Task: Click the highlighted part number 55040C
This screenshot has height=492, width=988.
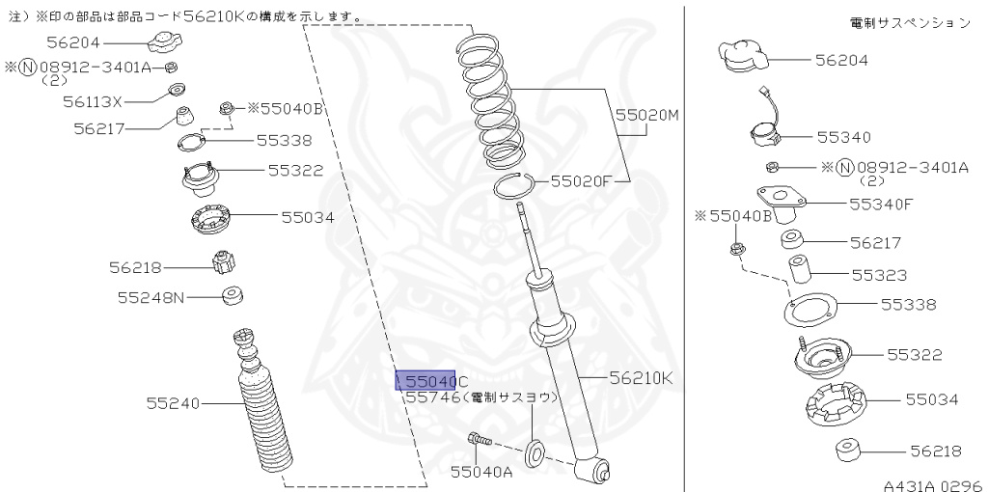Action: pos(432,381)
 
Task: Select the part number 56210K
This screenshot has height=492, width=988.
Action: pos(640,378)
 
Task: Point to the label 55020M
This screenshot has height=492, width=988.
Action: pos(647,115)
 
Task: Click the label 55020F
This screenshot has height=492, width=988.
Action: pos(584,179)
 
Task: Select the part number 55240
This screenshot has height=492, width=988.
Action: pos(173,402)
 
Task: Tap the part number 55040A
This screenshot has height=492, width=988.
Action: pos(483,471)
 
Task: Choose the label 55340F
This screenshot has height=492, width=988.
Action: pos(880,204)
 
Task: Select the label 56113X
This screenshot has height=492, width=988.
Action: pos(94,100)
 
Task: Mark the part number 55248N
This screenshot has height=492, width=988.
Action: pos(151,297)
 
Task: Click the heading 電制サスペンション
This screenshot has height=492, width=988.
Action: pos(910,22)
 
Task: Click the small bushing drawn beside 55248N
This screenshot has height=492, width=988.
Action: pos(233,295)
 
